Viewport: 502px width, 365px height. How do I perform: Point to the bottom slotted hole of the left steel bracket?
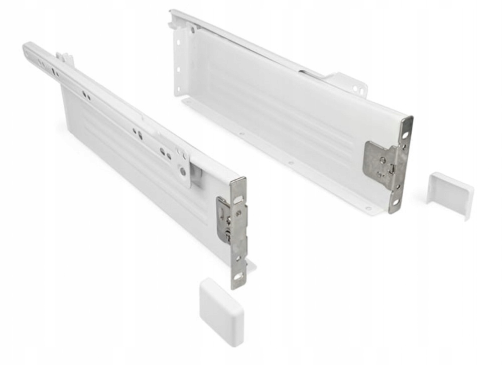(238, 276)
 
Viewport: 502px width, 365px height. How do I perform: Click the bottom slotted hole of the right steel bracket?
(396, 202)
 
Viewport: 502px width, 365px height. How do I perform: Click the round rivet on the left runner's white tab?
(183, 172)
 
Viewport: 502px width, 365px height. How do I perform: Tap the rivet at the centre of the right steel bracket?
(383, 160)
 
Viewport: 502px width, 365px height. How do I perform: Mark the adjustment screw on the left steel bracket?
(229, 219)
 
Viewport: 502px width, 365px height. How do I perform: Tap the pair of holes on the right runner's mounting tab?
(358, 89)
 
